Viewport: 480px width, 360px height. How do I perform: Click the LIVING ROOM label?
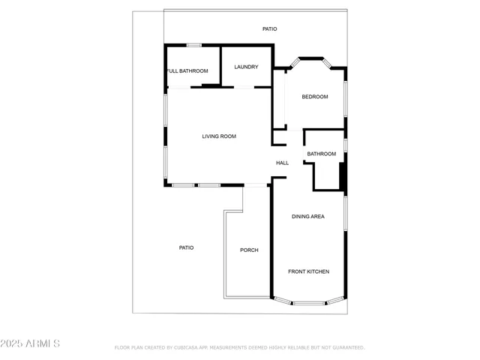(219, 136)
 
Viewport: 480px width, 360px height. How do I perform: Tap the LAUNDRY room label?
(246, 67)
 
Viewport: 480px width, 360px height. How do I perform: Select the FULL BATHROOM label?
(187, 71)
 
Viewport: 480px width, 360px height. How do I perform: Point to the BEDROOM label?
(315, 97)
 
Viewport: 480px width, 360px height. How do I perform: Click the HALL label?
(282, 163)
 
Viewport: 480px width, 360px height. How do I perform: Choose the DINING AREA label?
(307, 217)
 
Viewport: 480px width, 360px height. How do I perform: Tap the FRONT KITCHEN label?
(308, 271)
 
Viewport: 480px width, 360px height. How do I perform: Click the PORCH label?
(249, 250)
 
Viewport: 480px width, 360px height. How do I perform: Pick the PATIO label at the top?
(269, 29)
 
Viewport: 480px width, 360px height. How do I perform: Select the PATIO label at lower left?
(186, 247)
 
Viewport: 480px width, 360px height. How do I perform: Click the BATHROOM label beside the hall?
(321, 154)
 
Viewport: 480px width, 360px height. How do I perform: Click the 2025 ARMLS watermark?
(31, 343)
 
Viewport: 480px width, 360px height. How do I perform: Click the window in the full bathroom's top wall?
(193, 46)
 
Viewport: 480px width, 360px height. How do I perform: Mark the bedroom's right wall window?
(346, 97)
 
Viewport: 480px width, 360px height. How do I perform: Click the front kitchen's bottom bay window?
(308, 303)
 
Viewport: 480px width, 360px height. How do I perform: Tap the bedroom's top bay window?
(311, 58)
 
